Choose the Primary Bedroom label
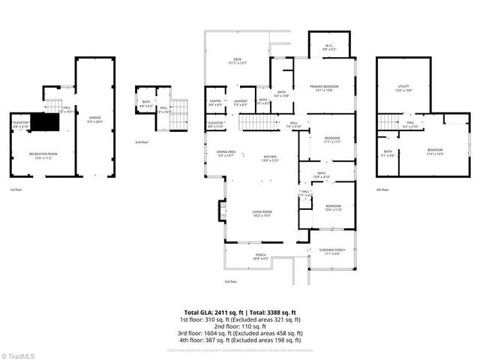pos(326,88)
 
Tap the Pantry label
pos(216,102)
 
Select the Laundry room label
pos(240,102)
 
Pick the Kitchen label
pos(269,158)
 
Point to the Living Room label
pos(262,213)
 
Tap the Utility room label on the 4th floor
pos(403,88)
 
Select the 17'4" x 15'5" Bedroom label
pos(434,151)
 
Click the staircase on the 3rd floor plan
pos(259,122)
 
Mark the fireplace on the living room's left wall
pos(220,209)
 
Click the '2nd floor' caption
pos(141,141)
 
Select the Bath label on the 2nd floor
pos(146,105)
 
